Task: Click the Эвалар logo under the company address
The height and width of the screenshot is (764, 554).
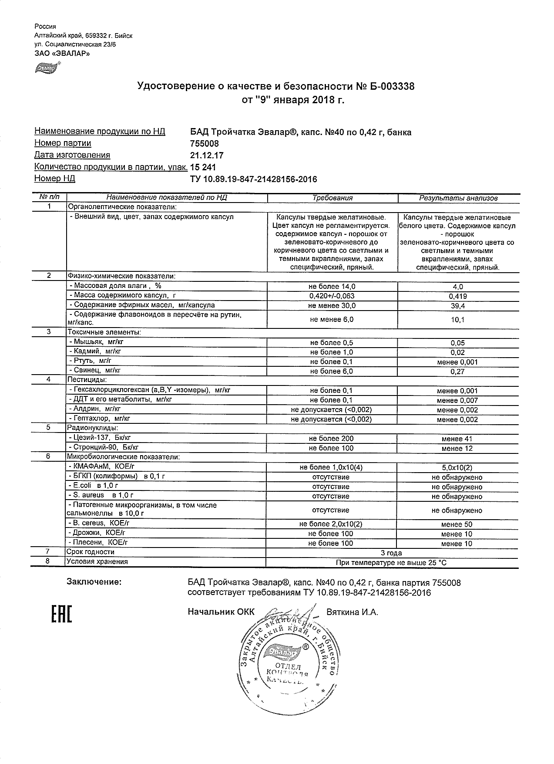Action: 47,68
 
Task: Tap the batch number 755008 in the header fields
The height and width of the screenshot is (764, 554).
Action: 205,144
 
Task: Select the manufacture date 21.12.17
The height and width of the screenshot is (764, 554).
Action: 207,156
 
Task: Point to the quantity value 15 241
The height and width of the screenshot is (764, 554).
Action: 203,167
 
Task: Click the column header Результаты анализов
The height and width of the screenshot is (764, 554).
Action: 458,198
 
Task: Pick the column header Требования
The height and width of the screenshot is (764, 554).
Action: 332,198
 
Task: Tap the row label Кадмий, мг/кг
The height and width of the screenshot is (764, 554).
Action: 95,352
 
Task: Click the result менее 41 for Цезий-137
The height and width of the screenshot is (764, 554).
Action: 457,439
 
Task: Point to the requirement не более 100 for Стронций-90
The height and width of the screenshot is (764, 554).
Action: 331,448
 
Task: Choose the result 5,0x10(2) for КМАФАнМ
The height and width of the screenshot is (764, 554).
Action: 457,468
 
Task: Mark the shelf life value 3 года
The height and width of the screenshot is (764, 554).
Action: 391,553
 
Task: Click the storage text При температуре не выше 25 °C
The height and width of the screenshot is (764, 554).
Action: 391,563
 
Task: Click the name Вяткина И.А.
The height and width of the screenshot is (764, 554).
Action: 352,612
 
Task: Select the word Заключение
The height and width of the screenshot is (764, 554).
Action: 94,582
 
